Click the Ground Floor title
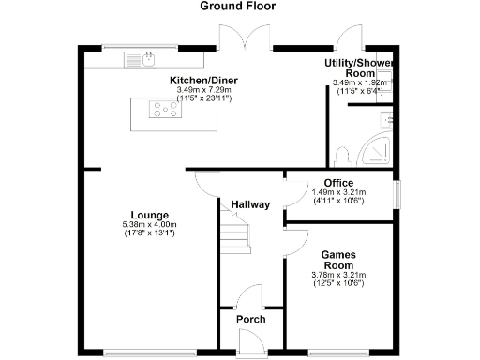240,7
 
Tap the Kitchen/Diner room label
203,81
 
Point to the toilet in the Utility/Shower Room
344,153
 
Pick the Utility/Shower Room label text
359,67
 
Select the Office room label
337,183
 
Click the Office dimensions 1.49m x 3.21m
337,196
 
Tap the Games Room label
337,260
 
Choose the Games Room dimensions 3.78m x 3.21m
337,278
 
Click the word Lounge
149,214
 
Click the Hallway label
250,204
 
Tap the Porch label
250,320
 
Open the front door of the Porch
250,348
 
